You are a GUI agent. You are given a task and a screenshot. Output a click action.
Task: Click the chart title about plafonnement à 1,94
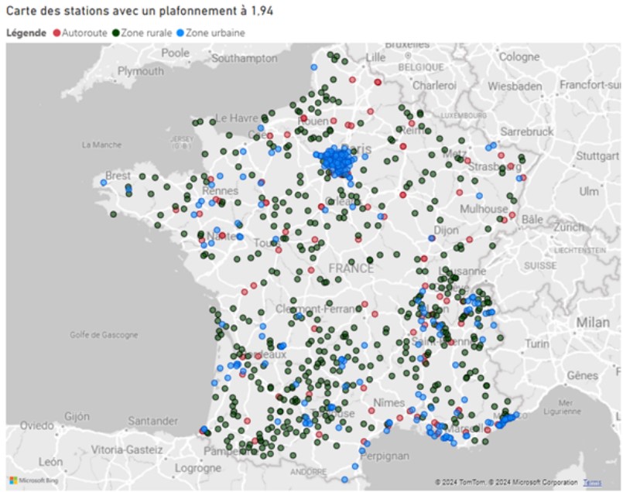[x=139, y=11]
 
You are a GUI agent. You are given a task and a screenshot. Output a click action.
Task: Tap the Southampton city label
[x=244, y=58]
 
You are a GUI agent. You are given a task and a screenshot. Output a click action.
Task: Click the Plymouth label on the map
[x=140, y=71]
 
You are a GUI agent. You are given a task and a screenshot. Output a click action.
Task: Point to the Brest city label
[x=118, y=176]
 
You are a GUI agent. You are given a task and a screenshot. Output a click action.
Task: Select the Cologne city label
[x=519, y=56]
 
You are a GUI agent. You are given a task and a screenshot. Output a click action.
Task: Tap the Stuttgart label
[x=598, y=155]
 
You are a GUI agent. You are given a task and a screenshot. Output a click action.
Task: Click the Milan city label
[x=592, y=323]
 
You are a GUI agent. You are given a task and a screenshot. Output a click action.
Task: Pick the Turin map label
[x=537, y=343]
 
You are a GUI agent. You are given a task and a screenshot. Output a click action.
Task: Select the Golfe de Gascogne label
[x=104, y=335]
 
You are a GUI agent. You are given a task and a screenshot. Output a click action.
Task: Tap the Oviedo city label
[x=37, y=425]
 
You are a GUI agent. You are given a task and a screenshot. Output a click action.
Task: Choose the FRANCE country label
[x=351, y=268]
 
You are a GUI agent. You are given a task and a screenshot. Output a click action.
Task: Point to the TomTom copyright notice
[x=506, y=482]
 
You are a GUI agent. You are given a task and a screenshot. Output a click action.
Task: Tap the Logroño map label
[x=198, y=468]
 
